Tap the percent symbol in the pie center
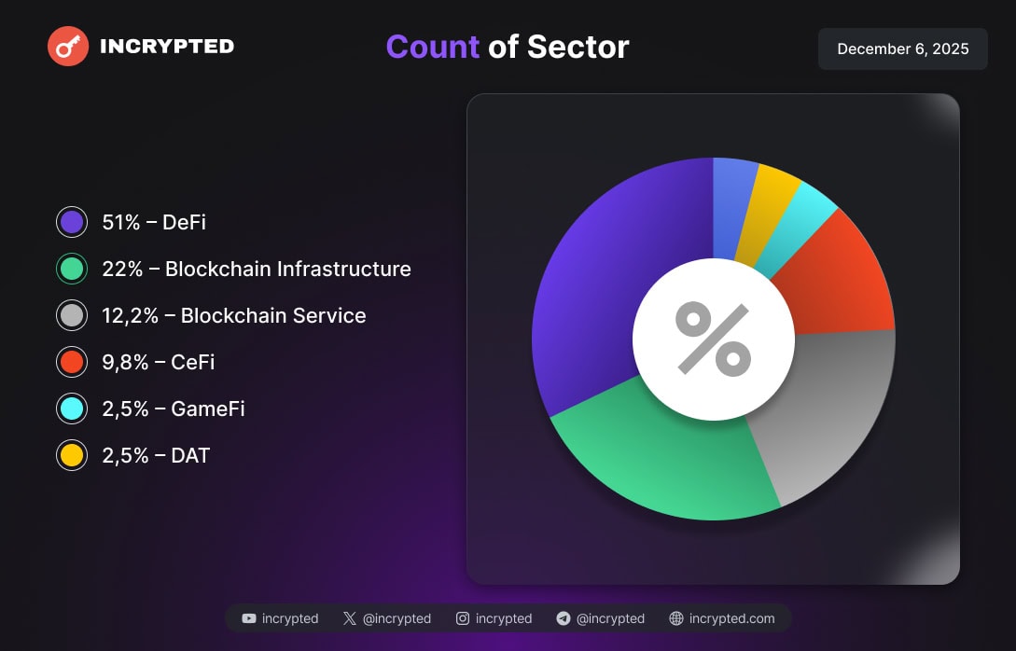(x=714, y=339)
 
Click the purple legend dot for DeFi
(x=72, y=223)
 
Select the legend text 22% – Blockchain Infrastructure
(x=257, y=270)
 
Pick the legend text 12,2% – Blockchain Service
(x=234, y=316)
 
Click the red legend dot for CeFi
(x=72, y=363)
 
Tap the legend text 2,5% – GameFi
(x=174, y=409)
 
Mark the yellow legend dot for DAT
(x=72, y=456)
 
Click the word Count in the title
(x=432, y=47)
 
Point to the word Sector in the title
(x=578, y=47)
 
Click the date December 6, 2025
(x=902, y=48)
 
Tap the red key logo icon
(x=68, y=46)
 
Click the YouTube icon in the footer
(x=249, y=618)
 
